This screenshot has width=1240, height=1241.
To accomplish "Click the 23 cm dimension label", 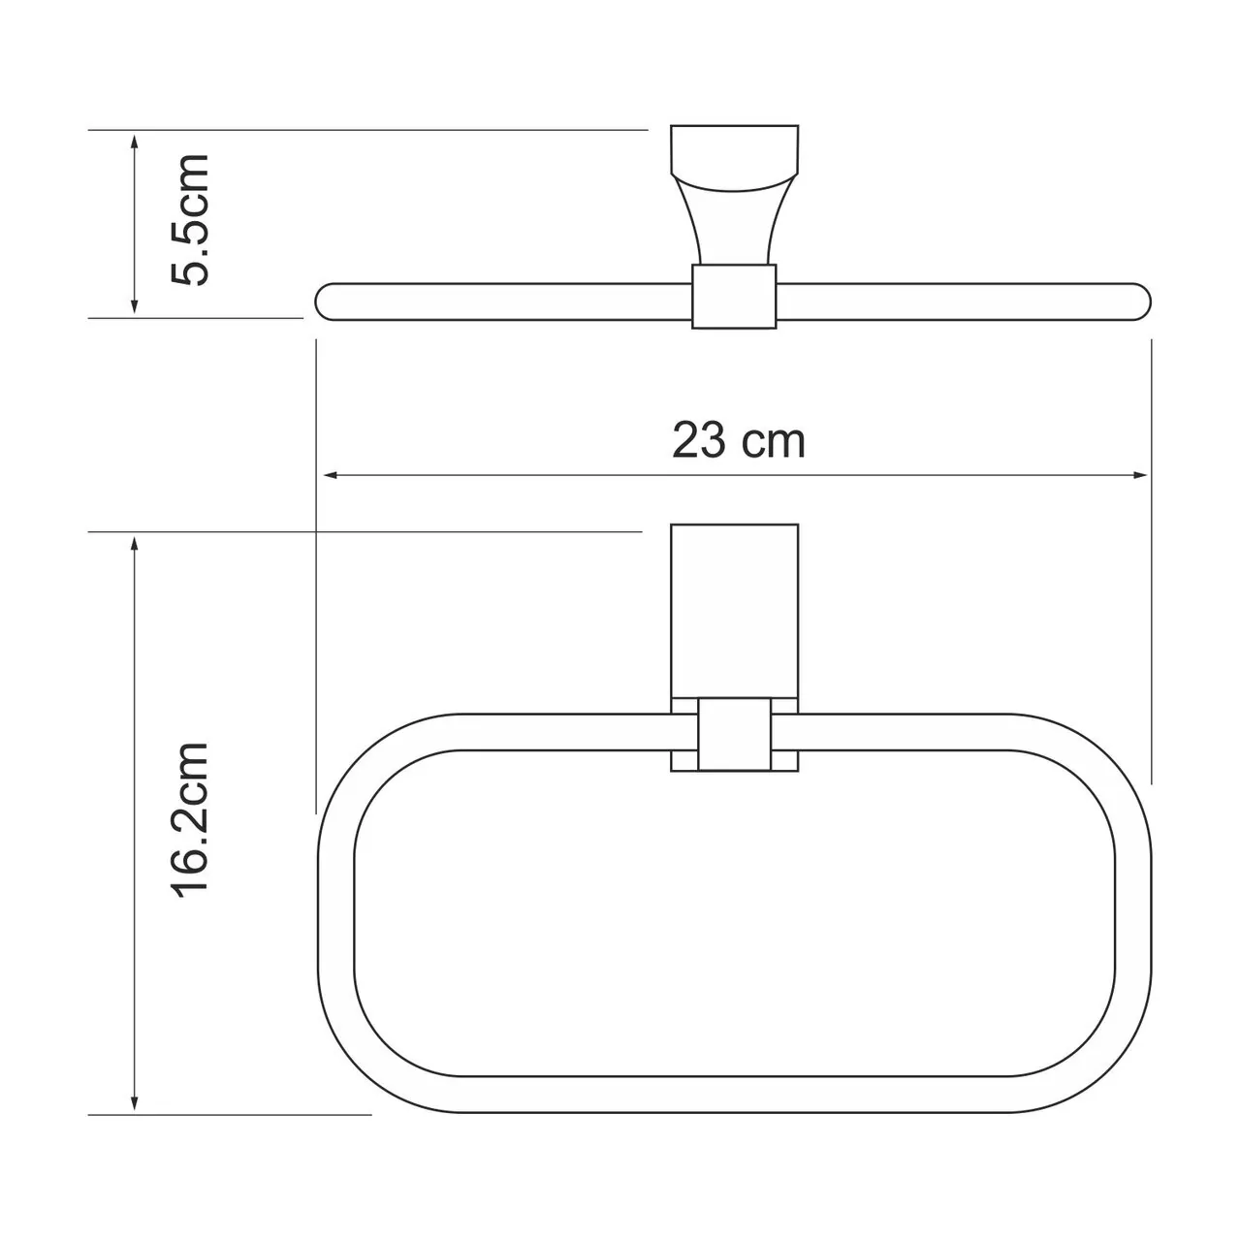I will pos(739,441).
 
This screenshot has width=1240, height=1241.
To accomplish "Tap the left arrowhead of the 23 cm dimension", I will pos(329,475).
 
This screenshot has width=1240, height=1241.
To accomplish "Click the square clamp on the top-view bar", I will pos(734,296).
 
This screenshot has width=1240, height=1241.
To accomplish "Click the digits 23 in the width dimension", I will pos(698,441).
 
